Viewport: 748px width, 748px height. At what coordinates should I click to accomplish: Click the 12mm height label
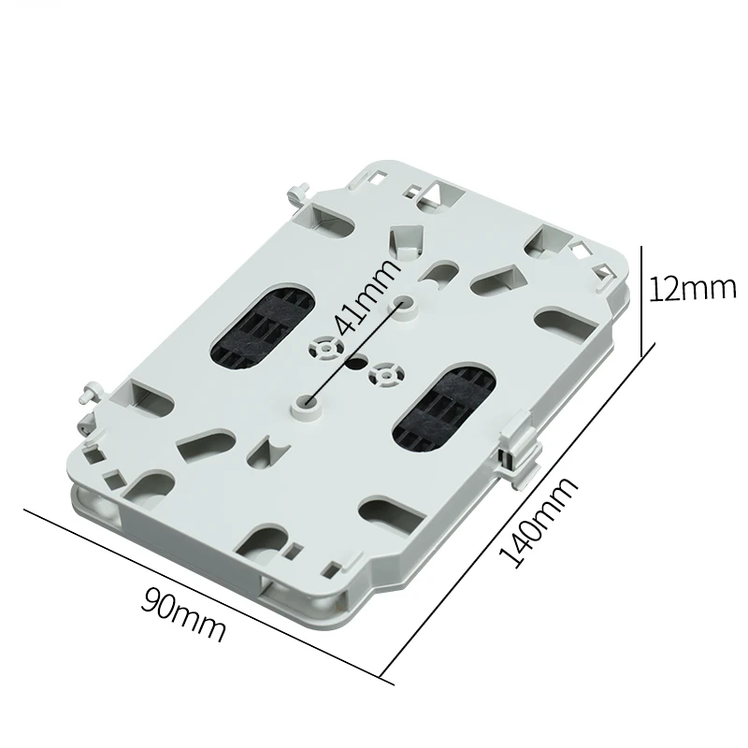(693, 288)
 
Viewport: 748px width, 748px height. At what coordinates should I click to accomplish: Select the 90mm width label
(183, 611)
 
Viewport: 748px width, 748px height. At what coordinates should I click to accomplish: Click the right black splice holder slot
(439, 403)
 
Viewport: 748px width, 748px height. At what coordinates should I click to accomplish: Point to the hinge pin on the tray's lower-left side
(90, 390)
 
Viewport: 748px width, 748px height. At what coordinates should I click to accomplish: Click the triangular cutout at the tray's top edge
(434, 194)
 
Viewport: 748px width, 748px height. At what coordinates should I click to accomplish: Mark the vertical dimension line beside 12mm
(641, 299)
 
